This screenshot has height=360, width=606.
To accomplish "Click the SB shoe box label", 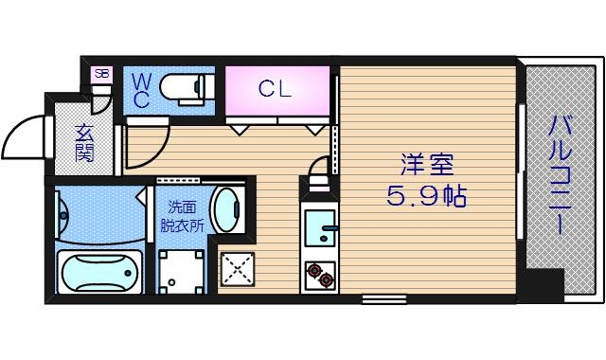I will click(x=99, y=73).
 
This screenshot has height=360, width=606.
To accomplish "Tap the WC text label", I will click(x=140, y=91).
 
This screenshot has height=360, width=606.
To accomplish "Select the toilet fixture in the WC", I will click(x=182, y=88).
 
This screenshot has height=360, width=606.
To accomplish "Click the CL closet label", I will click(x=276, y=89).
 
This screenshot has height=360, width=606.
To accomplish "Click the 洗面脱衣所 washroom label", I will click(x=182, y=217).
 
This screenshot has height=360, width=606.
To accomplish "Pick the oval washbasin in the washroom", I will click(x=226, y=207).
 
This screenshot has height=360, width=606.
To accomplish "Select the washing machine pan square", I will click(x=182, y=271).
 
